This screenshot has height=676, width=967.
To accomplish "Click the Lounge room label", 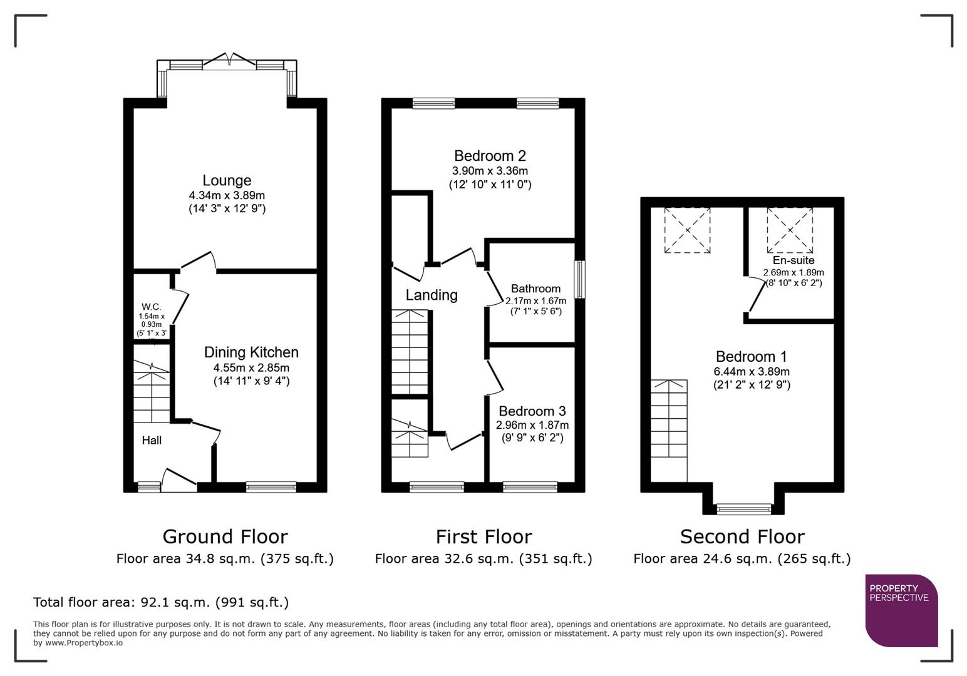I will [227, 181].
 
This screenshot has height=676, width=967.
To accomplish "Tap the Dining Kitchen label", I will [251, 352].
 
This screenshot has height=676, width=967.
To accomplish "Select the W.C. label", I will [151, 307].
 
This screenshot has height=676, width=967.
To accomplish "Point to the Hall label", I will [152, 441].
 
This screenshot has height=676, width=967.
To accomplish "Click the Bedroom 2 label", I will [490, 156].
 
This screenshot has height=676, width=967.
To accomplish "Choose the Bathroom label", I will [535, 289].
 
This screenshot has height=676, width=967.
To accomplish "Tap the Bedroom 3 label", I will [532, 411].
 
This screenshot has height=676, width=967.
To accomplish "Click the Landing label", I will [432, 295].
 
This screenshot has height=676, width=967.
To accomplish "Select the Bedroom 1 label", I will [751, 357].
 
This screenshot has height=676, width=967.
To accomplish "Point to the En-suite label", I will [793, 260].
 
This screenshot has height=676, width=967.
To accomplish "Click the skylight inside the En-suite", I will [790, 230].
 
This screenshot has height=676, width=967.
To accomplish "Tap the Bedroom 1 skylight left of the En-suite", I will [687, 230].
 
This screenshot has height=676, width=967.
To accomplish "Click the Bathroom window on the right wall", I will [580, 280].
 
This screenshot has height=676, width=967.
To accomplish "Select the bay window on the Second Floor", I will [744, 509].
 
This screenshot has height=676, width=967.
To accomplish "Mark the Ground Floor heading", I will [225, 537].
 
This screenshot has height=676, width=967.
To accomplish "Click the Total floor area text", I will [161, 603].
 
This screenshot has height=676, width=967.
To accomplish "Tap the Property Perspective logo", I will [901, 610].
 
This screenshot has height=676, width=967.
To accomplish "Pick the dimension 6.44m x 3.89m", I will [752, 371].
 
